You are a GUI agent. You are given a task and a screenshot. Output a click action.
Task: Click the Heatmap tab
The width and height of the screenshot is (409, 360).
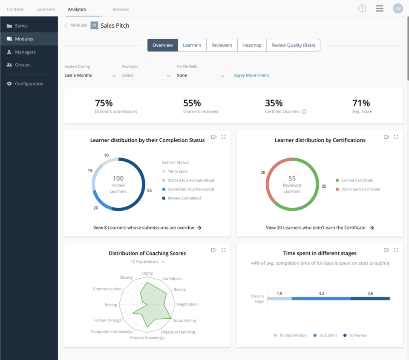pos(252,45)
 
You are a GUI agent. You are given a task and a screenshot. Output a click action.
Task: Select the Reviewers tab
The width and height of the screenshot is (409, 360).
pos(222,45)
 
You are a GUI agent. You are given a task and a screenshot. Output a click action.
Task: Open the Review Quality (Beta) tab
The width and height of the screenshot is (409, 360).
pos(293,45)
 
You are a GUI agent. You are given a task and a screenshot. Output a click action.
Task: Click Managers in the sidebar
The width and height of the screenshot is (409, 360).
pos(25,52)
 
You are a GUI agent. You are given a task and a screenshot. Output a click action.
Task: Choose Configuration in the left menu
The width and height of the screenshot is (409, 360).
pos(29,84)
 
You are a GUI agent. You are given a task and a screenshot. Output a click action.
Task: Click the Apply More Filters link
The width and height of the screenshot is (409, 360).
pos(251,75)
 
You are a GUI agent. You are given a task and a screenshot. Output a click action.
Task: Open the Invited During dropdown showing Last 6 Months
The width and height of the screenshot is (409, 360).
pos(90,76)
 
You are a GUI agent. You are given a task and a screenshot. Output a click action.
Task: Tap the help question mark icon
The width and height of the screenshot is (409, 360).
pos(362,9)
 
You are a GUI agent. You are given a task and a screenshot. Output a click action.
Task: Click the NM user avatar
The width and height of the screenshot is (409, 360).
pos(398,9)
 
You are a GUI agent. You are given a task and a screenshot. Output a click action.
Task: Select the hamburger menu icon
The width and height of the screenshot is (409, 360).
pos(380,9)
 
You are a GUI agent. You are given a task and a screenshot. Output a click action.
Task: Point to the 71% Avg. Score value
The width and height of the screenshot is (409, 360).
pos(361,103)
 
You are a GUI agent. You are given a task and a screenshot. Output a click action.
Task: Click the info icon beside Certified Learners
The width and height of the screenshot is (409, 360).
pos(304,112)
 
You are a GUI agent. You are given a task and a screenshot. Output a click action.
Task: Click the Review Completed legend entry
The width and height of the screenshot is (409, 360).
pos(184,198)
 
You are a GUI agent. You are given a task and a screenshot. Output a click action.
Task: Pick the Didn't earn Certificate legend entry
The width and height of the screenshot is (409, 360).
pos(360,189)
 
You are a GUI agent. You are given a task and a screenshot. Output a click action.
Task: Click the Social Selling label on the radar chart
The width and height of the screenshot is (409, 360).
pos(184,320)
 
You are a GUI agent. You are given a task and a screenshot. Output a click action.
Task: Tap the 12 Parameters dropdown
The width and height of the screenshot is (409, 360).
pos(147,262)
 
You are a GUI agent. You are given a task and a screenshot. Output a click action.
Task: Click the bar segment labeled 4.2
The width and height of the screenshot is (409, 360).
pos(321,299)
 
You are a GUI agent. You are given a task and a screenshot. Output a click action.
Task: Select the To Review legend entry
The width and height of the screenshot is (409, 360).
pos(357,335)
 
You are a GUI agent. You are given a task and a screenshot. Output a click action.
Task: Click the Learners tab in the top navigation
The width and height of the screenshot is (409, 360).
pos(46,9)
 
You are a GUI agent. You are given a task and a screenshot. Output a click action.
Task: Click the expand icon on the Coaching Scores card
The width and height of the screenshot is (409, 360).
pos(224,250)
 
